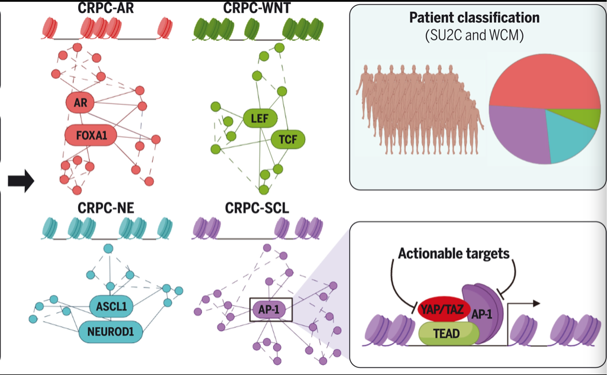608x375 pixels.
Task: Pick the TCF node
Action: coord(288,140)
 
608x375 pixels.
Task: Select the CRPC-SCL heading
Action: coord(259,208)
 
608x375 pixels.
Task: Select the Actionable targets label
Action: coord(454,254)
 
